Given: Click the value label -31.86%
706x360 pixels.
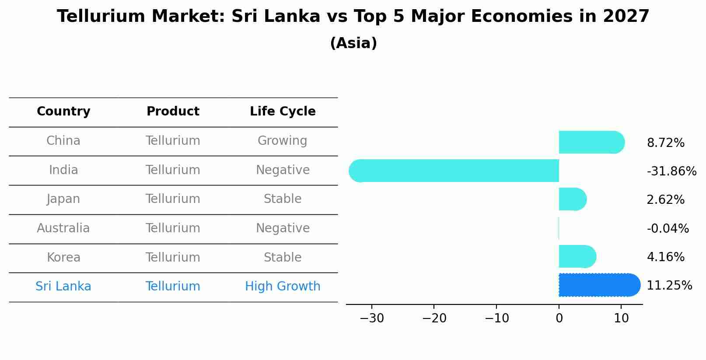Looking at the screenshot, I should click(x=671, y=171).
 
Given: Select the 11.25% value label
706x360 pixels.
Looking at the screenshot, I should click(x=669, y=285).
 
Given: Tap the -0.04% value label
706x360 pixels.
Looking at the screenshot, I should click(x=668, y=228).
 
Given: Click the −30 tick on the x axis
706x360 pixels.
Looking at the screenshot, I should click(x=372, y=318).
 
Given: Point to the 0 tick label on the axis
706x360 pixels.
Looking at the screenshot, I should click(x=559, y=318).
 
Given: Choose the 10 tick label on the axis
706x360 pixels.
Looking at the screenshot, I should click(x=621, y=318).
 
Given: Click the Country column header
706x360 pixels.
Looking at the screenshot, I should click(x=63, y=112).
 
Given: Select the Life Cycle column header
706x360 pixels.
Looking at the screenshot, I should click(x=283, y=112).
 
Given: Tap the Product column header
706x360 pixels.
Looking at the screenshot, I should click(x=173, y=112).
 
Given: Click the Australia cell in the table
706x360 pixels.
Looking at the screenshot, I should click(x=63, y=228).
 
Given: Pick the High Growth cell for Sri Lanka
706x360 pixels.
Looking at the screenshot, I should click(x=283, y=287).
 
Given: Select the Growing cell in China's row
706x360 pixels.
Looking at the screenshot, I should click(x=283, y=141).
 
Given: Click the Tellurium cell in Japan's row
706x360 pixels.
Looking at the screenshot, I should click(x=173, y=199).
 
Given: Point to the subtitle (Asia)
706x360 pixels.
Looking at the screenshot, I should click(x=353, y=43).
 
